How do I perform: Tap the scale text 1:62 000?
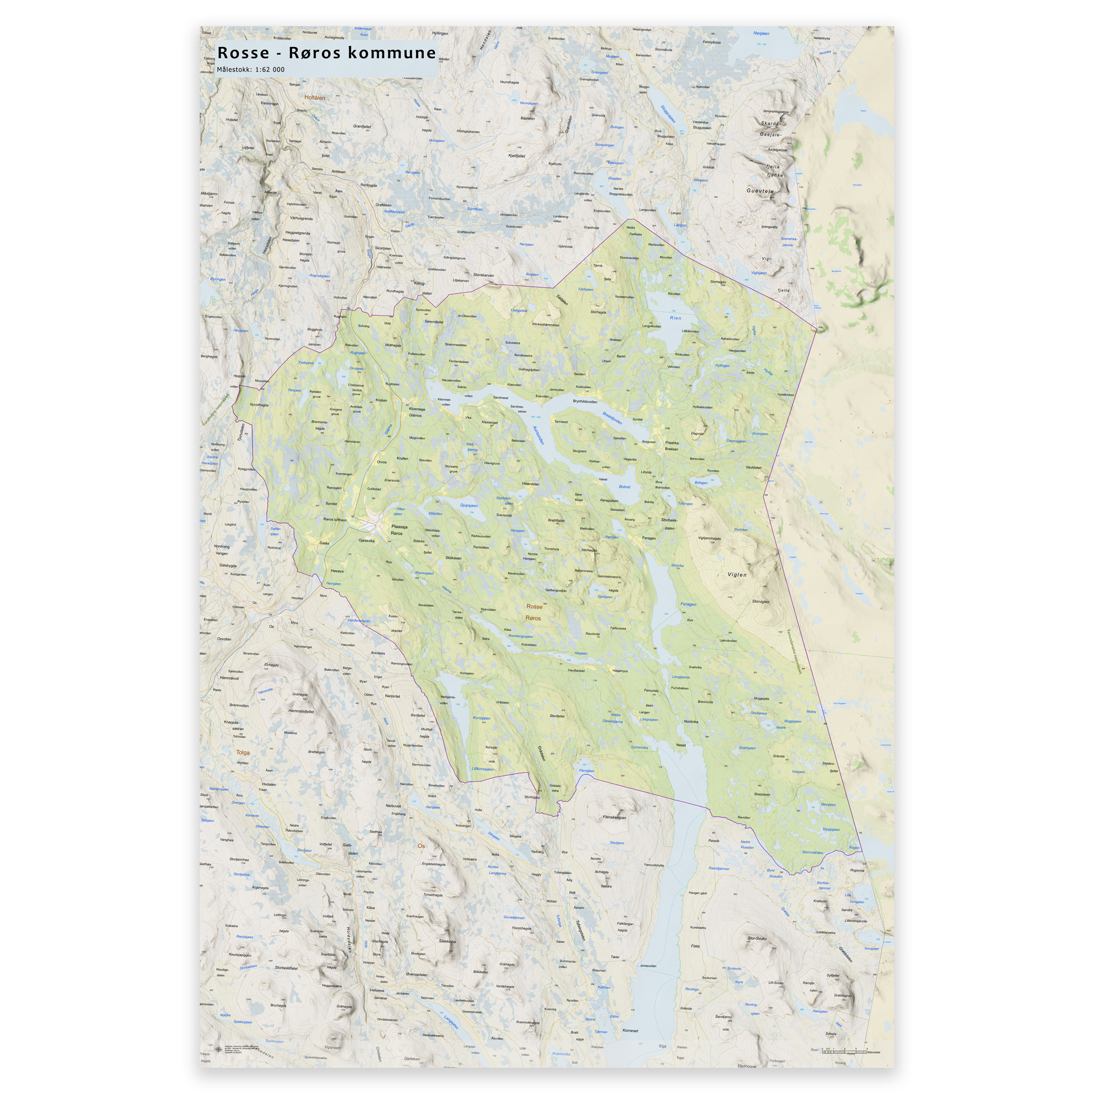coord(270,69)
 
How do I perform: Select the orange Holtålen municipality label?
coord(315,98)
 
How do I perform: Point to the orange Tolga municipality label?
coord(243,753)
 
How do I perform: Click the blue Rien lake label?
coord(676,318)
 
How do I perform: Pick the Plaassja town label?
coord(399,526)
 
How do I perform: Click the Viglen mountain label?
coord(737,574)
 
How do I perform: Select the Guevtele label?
coord(760,191)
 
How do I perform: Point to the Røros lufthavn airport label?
coord(334,519)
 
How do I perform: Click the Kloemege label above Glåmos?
coord(417,409)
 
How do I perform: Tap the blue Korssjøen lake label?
coord(481,718)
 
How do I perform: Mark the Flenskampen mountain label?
coord(614,817)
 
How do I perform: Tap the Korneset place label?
coord(630,1030)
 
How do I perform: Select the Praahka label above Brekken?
coord(671,443)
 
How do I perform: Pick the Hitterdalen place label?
coord(530,484)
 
